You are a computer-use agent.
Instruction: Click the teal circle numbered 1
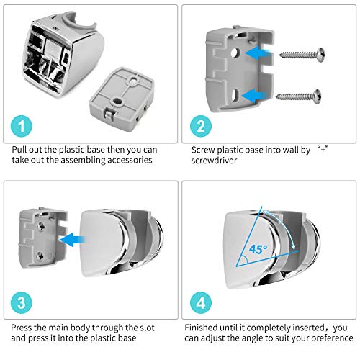[22, 126]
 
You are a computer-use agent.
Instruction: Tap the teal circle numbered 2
[201, 126]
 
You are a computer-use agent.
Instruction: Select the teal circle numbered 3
[22, 303]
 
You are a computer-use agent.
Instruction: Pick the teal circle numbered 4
[201, 303]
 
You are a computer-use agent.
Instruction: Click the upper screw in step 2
[302, 55]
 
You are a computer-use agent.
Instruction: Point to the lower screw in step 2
[299, 96]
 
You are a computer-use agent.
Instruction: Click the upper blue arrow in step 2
[258, 53]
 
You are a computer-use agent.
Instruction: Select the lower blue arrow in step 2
[255, 96]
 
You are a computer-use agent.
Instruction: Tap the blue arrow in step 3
[73, 240]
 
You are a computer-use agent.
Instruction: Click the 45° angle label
[258, 250]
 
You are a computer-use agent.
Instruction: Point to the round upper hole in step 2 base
[235, 53]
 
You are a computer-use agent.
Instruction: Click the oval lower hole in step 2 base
[235, 95]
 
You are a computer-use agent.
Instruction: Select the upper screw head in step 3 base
[41, 225]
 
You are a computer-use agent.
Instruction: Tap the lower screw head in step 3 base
[40, 256]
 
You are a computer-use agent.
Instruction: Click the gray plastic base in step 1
[122, 96]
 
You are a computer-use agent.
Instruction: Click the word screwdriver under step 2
[214, 161]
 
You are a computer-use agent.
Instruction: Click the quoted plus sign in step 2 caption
[323, 149]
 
